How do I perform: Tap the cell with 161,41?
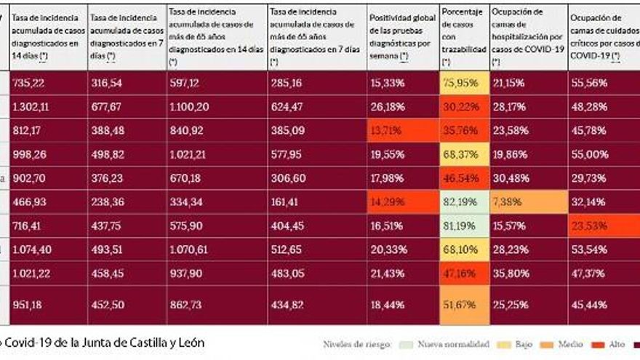285,202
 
